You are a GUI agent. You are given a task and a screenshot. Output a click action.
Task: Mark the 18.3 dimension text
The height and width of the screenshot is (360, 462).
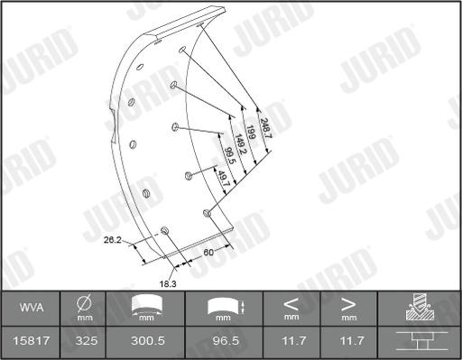tap(168, 283)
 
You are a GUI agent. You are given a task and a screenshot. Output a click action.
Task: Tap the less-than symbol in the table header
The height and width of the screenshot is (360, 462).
tap(291, 304)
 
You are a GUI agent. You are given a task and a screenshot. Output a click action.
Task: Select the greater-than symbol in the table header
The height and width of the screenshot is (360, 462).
tap(348, 304)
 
